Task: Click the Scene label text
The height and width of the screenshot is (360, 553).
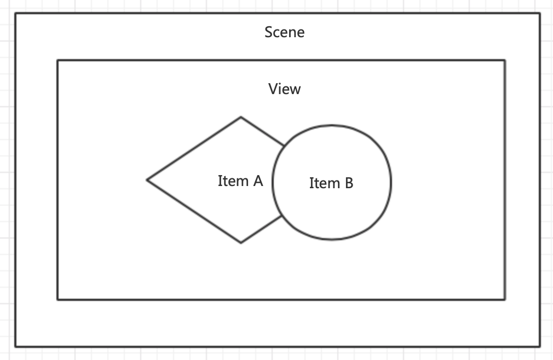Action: (x=284, y=32)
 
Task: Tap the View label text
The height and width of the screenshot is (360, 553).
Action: (x=284, y=89)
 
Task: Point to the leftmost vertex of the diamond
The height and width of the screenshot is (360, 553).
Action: (x=147, y=179)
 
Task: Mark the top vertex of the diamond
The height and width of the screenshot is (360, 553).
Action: (x=241, y=117)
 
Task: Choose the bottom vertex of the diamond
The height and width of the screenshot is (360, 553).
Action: (x=241, y=242)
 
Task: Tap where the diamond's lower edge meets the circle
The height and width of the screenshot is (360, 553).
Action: (x=283, y=216)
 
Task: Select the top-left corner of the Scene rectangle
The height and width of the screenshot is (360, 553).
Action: (x=15, y=14)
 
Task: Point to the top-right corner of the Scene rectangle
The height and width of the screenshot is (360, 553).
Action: (x=540, y=14)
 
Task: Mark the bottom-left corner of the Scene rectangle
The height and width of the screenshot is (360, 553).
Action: (x=15, y=346)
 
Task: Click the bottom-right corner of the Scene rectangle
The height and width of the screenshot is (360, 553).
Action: (x=540, y=346)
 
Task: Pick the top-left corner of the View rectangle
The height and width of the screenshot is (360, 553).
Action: (x=57, y=61)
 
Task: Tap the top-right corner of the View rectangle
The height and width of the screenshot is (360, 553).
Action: (x=505, y=61)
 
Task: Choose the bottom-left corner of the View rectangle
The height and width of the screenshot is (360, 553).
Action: (x=57, y=299)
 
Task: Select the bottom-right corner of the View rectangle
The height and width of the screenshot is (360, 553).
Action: (x=505, y=299)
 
